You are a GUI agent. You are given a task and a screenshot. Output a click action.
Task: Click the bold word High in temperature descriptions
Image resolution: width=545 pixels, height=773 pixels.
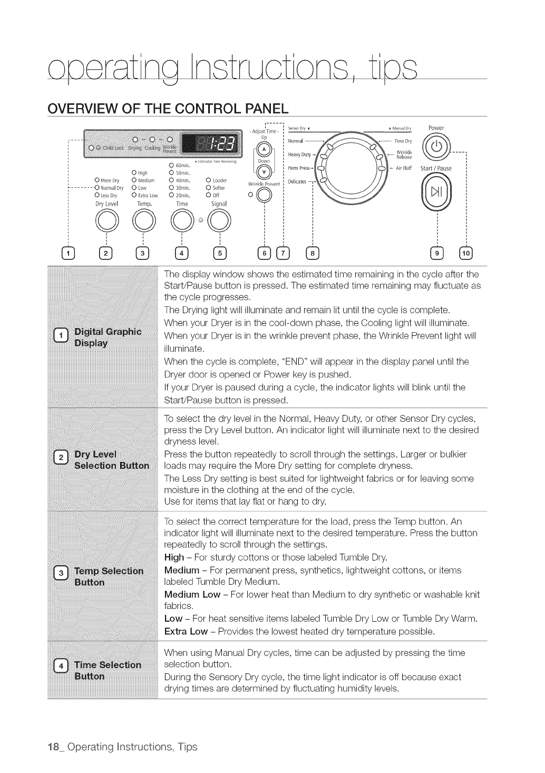174,557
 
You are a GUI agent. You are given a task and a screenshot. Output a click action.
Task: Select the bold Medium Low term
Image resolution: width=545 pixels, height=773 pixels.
192,595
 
